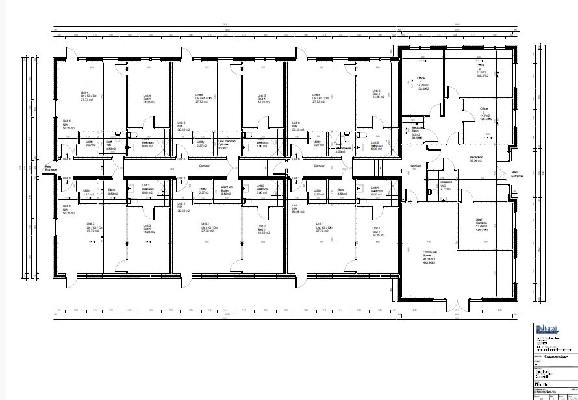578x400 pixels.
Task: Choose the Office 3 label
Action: click(484, 114)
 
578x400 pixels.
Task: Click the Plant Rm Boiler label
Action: click(226, 191)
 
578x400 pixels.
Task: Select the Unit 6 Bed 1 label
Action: click(376, 94)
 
